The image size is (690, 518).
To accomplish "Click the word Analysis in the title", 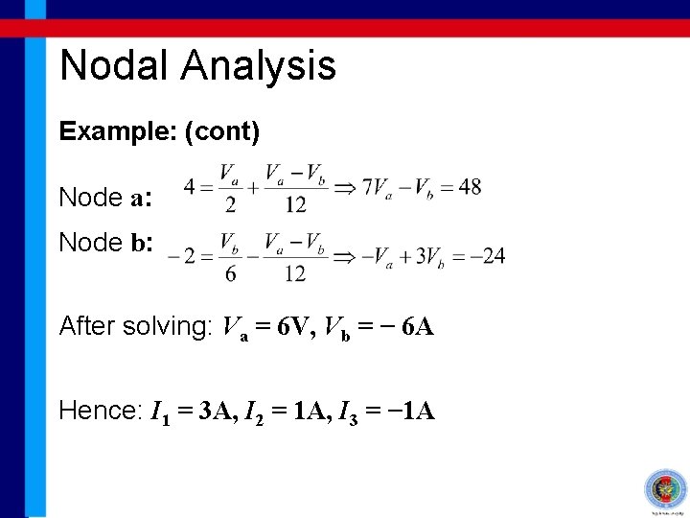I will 258,65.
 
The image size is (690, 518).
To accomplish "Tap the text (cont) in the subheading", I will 222,131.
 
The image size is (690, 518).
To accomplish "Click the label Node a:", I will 103,198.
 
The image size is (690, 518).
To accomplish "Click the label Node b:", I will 103,243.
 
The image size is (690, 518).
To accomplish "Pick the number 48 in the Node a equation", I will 470,187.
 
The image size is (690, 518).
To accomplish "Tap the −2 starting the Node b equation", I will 178,256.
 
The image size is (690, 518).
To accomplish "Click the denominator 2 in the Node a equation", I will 230,204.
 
